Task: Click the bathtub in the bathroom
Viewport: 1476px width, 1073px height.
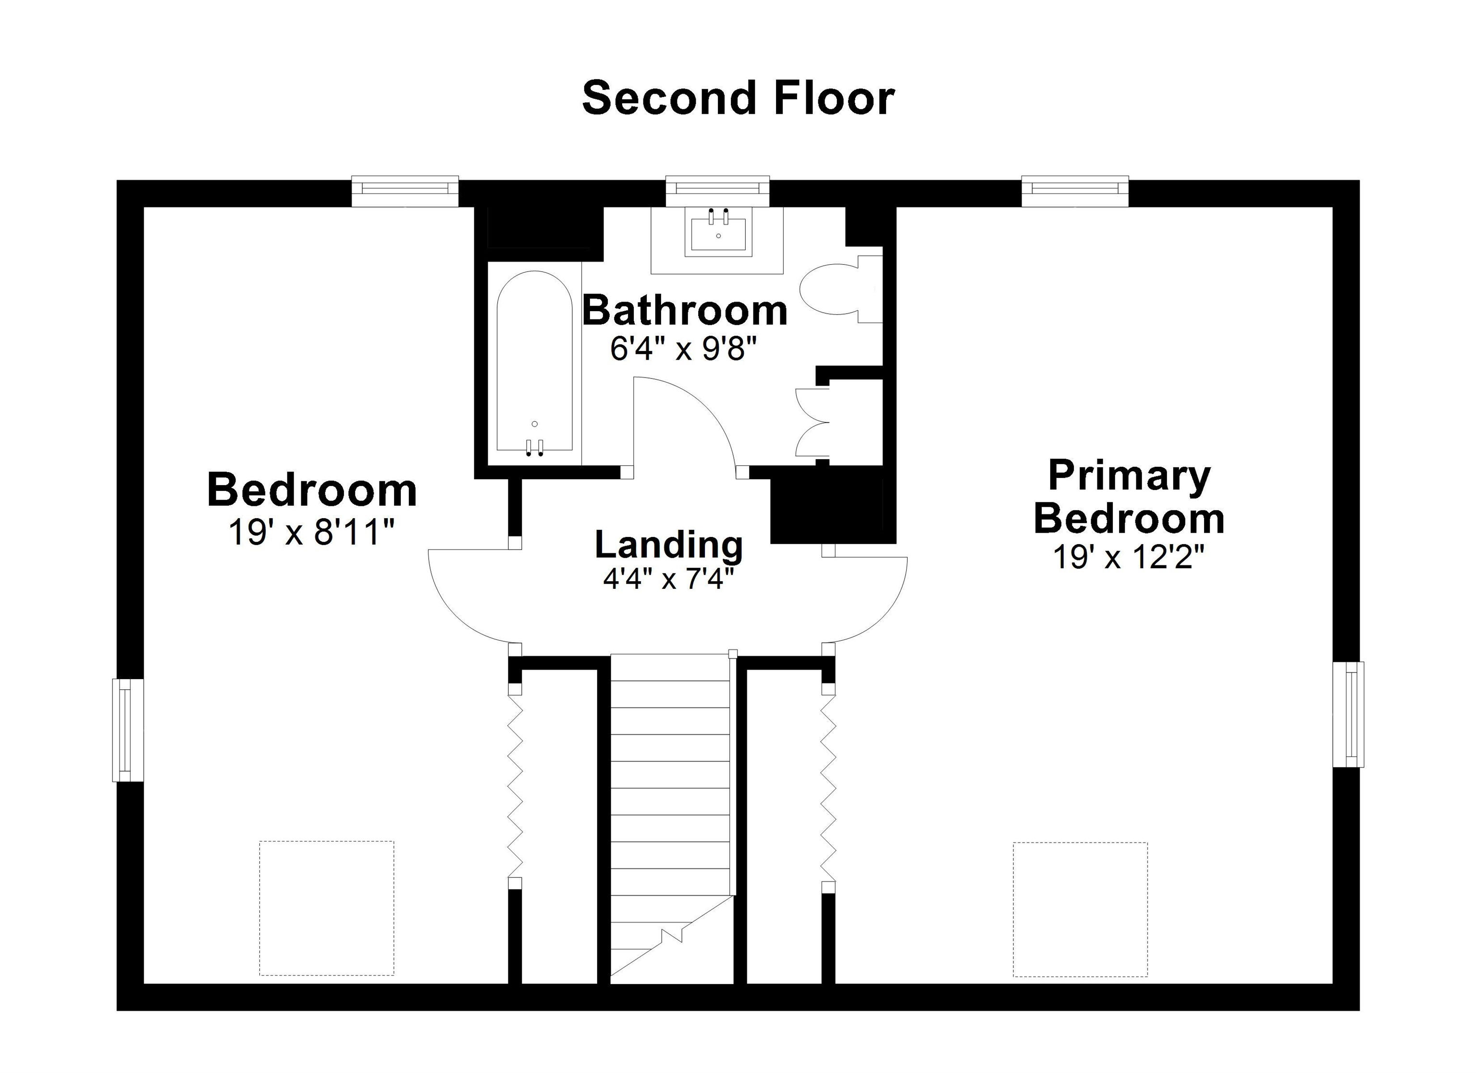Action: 534,362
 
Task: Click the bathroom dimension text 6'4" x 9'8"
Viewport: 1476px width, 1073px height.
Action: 684,350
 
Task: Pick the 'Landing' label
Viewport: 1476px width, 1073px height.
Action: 669,545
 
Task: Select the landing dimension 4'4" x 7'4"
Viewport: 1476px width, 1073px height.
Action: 669,578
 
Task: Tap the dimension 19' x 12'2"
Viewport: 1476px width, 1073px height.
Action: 1129,557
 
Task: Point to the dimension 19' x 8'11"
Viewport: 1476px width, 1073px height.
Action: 312,533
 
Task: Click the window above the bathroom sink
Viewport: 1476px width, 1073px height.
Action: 717,191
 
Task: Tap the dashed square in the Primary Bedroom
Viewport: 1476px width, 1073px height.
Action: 1080,909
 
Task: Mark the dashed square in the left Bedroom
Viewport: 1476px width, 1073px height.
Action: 327,908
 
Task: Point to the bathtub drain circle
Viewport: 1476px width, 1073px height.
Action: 535,424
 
